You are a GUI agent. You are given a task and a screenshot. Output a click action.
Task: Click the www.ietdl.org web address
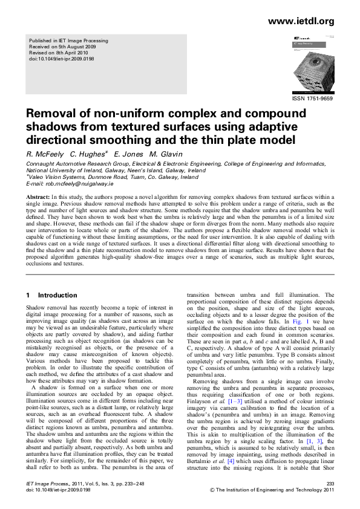coord(300,21)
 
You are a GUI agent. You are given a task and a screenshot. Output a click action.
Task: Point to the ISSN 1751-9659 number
coord(313,98)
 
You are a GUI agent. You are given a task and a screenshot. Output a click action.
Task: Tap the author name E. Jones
coord(129,155)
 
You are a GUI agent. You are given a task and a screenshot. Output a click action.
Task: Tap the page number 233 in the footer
coord(330,485)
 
